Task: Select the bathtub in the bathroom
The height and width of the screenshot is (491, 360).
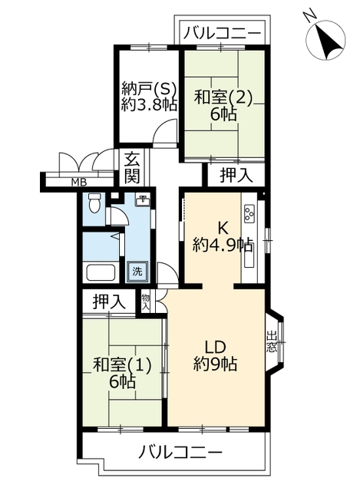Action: (x=101, y=272)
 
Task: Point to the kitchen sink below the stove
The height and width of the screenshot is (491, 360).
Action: (x=249, y=255)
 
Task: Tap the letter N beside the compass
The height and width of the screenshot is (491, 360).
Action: (x=309, y=15)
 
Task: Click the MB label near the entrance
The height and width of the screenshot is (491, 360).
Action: (x=79, y=182)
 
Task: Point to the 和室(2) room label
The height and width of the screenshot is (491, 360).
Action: (x=223, y=97)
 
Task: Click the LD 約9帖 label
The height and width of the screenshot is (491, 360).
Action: (x=215, y=355)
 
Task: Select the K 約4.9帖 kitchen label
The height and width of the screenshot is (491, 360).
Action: (x=223, y=237)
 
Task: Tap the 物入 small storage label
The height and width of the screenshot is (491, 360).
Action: (x=145, y=302)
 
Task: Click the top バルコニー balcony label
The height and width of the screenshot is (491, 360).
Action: (x=222, y=33)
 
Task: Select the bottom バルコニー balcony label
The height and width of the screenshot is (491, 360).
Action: (x=181, y=453)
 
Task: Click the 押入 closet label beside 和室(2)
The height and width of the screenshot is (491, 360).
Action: (x=236, y=175)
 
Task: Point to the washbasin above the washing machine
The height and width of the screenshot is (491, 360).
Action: (x=143, y=199)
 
